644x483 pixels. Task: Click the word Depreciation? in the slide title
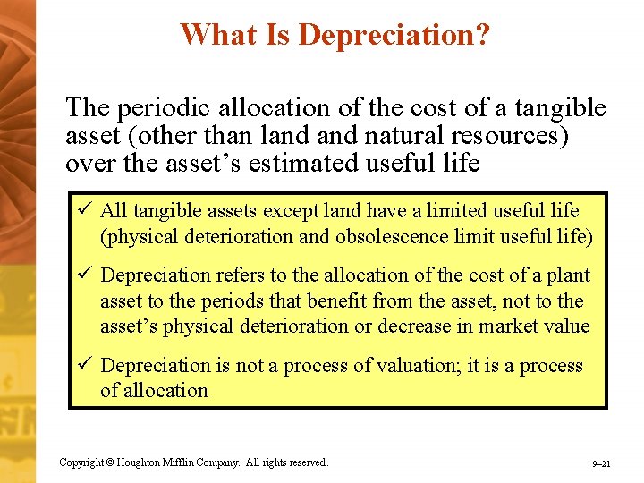394,35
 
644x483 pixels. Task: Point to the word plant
570,276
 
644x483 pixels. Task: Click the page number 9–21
601,464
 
